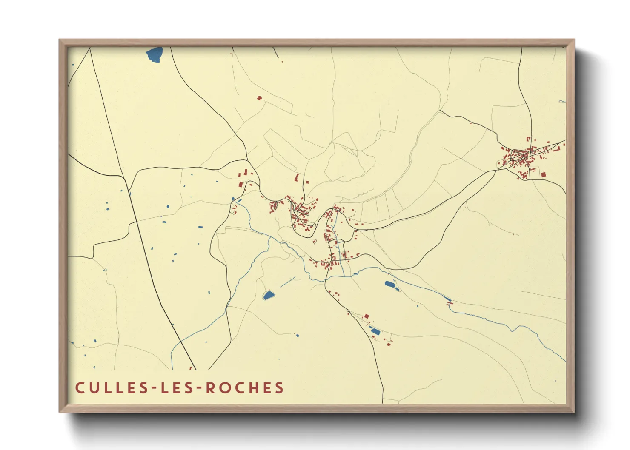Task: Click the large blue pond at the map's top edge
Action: [155, 54]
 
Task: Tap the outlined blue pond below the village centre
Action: [268, 295]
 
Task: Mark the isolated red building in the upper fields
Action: [259, 98]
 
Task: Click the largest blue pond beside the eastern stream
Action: [389, 284]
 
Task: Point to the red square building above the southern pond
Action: [366, 316]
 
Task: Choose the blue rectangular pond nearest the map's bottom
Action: [375, 331]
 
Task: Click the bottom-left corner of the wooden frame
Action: [60, 412]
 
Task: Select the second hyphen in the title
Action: [200, 388]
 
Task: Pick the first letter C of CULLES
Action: [80, 388]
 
